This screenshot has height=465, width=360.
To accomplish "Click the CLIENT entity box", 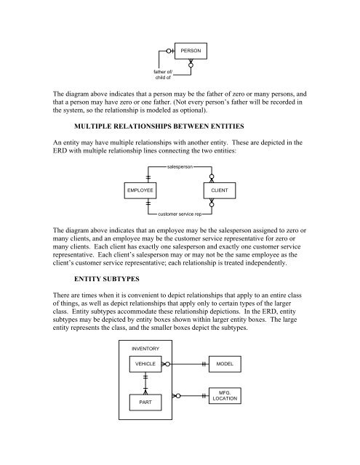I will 220,190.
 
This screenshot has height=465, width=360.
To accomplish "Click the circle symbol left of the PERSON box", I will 169,51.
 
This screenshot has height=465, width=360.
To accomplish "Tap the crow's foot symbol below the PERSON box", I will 191,64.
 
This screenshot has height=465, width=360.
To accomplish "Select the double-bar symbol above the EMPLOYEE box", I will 148,177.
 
